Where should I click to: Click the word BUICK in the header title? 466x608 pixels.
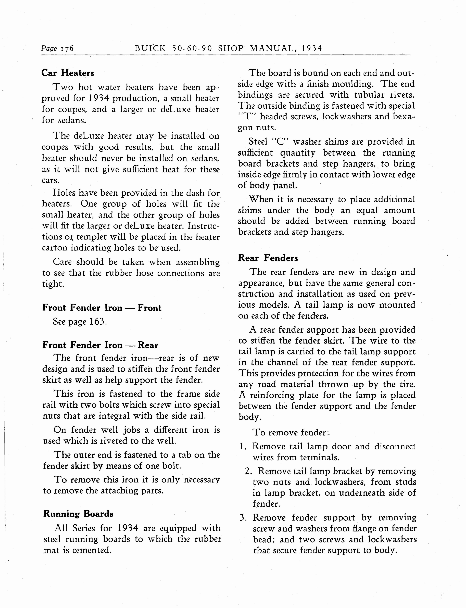(x=150, y=48)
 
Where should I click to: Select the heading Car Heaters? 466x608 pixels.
(x=68, y=73)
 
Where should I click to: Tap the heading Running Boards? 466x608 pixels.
(x=78, y=514)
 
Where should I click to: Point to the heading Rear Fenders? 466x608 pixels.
(x=268, y=258)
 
